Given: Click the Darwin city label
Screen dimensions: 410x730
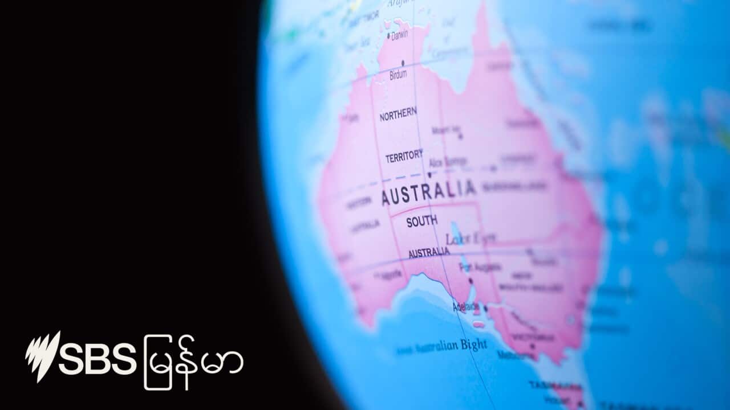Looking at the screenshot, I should coord(399,35).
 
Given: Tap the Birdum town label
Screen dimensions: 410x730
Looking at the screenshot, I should coord(398,75).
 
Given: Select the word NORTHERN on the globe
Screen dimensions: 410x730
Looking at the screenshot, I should coord(398,114).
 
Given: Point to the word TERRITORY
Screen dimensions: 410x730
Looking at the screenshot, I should coord(404,156).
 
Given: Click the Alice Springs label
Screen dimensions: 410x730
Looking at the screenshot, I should coord(447,162).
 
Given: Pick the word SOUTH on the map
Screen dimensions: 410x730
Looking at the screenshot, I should coord(422,221).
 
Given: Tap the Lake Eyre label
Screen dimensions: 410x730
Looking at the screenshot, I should coord(471,238).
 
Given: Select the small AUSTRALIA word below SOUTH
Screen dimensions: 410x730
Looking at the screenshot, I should coord(429,252).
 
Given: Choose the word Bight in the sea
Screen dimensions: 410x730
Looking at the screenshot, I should coord(473,345).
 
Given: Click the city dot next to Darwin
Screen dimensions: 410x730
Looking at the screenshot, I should coord(388,36).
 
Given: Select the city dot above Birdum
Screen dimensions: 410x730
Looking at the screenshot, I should coord(403,63).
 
